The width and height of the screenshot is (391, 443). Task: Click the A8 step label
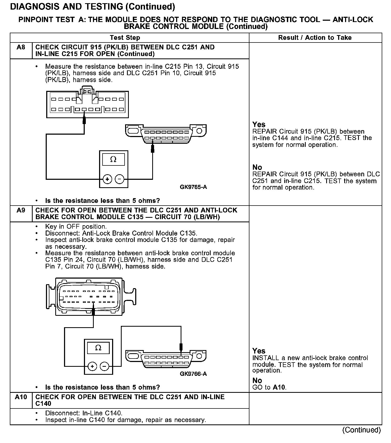click(21, 48)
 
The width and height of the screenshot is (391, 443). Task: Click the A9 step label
click(21, 210)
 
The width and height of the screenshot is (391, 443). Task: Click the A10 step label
click(21, 397)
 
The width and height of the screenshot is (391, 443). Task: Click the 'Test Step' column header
click(125, 38)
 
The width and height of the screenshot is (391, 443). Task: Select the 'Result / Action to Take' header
click(315, 38)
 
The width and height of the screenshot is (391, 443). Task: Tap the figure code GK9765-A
click(193, 187)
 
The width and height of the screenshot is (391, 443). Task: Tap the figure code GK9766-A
click(193, 374)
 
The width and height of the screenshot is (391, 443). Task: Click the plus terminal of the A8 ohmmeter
click(107, 179)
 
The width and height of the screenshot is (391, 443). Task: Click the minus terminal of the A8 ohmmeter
click(120, 179)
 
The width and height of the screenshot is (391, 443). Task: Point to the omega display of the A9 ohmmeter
click(98, 348)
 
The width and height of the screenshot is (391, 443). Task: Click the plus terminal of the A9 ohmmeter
click(92, 367)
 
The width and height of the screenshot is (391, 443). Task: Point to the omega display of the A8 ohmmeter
click(113, 159)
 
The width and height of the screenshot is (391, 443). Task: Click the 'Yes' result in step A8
click(259, 124)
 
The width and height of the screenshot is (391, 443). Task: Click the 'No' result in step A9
click(257, 380)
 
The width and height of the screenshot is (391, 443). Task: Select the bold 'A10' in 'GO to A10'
click(279, 387)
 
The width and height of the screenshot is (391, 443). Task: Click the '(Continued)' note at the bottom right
click(362, 430)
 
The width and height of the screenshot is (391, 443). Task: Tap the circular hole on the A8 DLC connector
click(199, 131)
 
